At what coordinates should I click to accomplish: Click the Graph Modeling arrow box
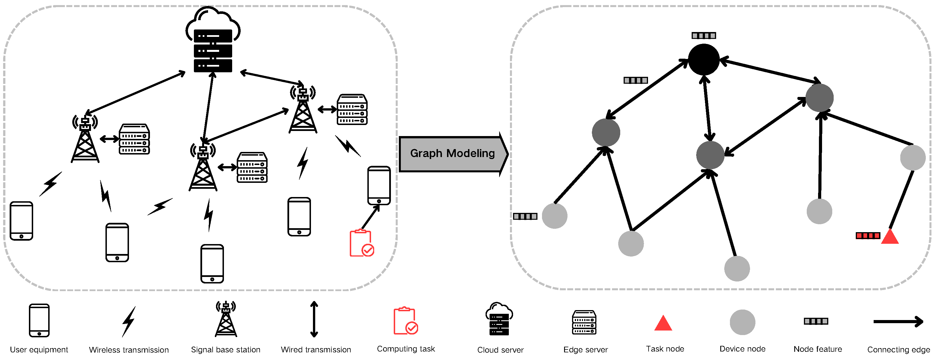452,154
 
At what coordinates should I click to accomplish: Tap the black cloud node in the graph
704,60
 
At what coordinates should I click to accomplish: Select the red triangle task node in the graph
890,237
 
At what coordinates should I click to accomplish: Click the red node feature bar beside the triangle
868,236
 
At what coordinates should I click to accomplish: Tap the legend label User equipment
39,350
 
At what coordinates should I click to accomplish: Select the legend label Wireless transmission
129,350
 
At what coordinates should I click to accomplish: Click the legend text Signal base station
225,350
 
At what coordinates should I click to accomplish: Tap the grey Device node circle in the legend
742,322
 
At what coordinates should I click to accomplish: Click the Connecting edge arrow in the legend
898,321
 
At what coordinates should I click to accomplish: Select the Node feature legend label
817,349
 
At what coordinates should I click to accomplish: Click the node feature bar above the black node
704,36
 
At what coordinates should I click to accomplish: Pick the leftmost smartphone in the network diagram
22,221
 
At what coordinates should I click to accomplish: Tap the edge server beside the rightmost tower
352,109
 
